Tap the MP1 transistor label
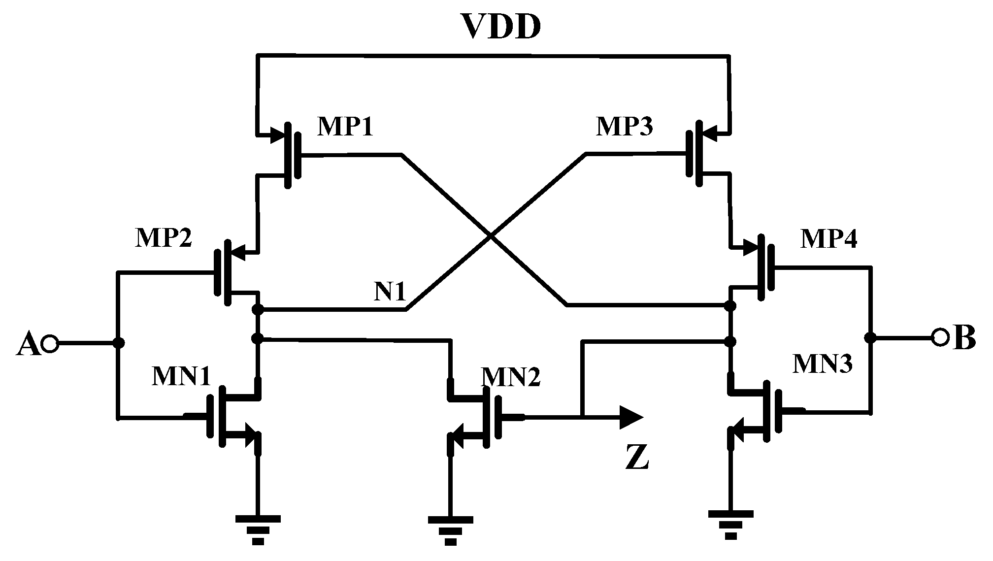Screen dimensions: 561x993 (345, 127)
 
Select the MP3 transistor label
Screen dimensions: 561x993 (624, 127)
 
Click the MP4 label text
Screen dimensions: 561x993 (828, 239)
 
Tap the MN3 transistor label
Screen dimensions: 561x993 (822, 364)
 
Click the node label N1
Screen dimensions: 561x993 (389, 292)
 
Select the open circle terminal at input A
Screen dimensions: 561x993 (50, 343)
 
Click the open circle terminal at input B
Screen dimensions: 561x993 (940, 337)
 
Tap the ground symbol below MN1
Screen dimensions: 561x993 (258, 529)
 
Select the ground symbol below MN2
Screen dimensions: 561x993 (450, 529)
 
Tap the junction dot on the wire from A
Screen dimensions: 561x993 (118, 343)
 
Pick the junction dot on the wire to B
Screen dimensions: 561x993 (871, 337)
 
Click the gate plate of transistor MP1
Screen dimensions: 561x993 (298, 156)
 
